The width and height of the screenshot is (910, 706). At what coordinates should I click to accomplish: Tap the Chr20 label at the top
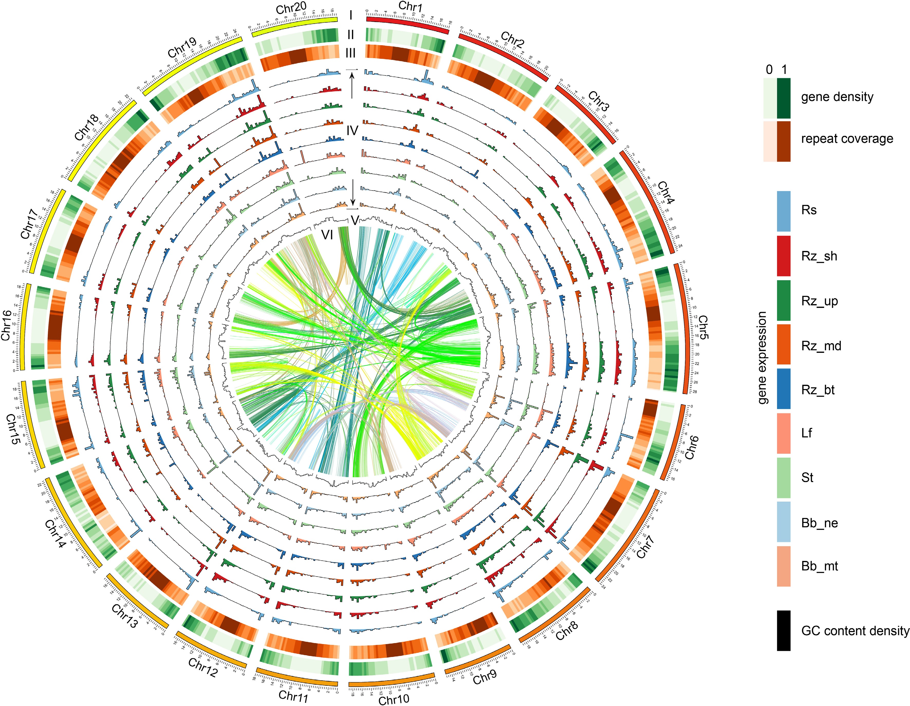(291, 7)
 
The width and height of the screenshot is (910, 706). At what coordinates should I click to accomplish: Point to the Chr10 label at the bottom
(394, 699)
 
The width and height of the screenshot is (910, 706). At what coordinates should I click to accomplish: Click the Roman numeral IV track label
(352, 131)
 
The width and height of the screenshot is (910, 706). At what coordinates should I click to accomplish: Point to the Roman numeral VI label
(327, 235)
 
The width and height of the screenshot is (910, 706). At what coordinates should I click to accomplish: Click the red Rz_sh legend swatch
(783, 256)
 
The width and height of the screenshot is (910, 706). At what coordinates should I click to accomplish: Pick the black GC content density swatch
(783, 630)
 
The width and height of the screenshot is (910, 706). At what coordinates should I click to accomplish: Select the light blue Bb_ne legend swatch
(783, 523)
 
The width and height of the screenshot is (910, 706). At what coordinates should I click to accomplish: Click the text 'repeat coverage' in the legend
(847, 139)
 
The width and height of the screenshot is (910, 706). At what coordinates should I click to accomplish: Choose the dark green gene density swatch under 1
(784, 98)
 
